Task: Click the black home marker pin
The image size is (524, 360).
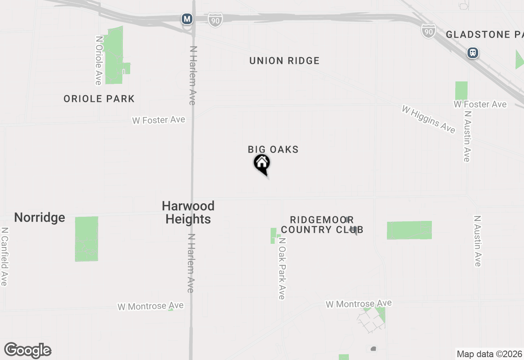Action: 262,164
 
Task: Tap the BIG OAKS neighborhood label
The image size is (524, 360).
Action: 273,149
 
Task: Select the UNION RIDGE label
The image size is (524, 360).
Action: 284,61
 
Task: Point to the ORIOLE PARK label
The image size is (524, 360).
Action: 99,99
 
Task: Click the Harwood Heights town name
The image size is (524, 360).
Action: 188,212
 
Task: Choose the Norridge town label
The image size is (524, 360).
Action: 40,217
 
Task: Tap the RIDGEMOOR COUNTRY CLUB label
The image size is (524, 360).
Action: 322,225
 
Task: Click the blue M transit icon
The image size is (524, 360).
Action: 187,19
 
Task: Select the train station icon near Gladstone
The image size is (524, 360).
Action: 473,53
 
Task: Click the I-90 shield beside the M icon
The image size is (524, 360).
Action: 215,19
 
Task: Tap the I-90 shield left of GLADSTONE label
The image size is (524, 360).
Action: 428,31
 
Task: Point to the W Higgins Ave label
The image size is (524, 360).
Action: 428,119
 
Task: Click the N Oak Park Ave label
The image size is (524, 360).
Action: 282,269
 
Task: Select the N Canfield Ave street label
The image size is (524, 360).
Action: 5,256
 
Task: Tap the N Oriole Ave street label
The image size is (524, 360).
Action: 98,61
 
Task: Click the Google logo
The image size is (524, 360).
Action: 28,351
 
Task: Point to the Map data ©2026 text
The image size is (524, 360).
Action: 489,354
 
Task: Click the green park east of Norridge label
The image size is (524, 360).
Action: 86,239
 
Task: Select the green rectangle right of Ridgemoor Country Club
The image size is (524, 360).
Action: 409,230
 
